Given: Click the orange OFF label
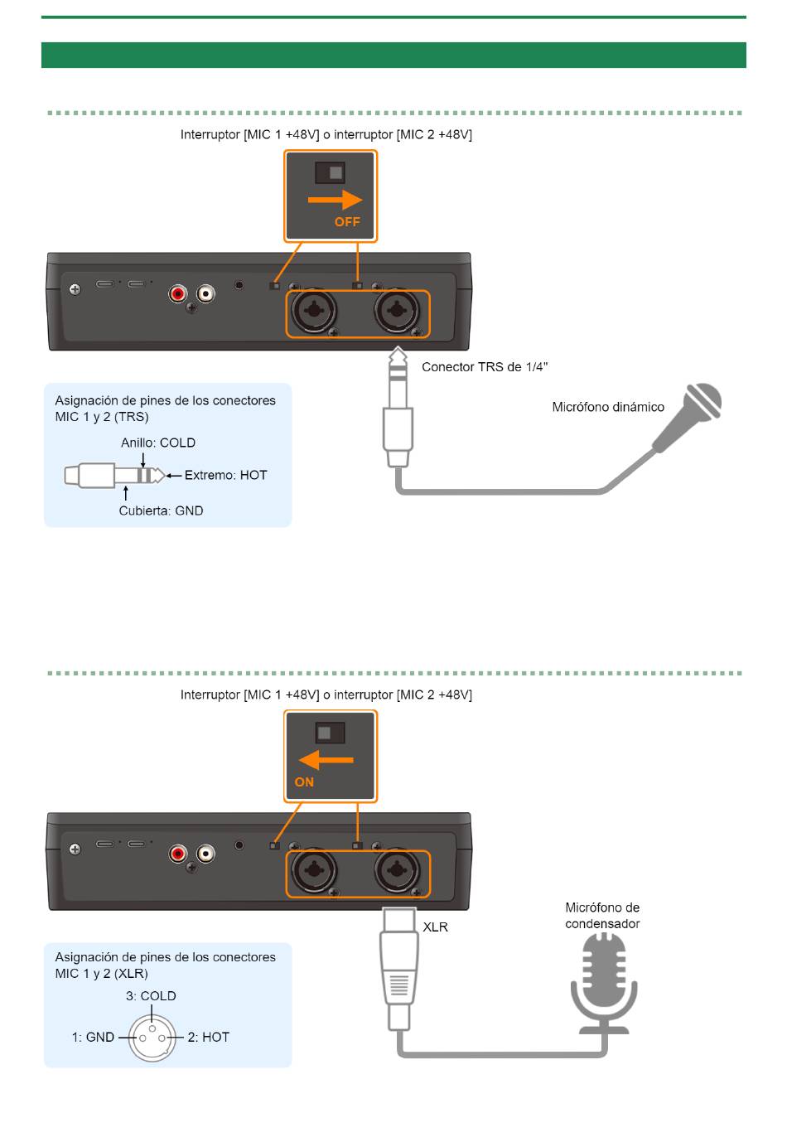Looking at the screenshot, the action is tap(347, 222).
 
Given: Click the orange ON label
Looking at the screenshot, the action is tap(304, 782).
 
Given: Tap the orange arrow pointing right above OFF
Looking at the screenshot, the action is tap(335, 200).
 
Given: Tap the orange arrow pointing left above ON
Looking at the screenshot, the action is tap(326, 760).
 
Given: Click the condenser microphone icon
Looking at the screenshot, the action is tap(603, 984).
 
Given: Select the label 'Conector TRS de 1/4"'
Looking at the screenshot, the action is tap(485, 366).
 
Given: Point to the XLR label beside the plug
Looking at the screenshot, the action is tap(435, 927).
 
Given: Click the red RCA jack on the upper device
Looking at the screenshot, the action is tap(177, 293).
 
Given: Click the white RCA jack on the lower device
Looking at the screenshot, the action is tap(205, 854).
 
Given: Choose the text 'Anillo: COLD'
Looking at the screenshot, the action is tap(158, 443).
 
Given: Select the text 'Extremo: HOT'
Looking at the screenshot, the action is tap(226, 475).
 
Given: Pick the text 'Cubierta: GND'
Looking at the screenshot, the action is tap(161, 511).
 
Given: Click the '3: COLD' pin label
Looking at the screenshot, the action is tap(151, 995).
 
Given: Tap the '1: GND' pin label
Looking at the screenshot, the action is tap(93, 1037).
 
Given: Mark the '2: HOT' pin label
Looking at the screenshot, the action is tap(209, 1037).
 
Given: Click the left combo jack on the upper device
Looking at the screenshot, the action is tap(313, 309).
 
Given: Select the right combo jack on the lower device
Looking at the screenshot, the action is tap(397, 869).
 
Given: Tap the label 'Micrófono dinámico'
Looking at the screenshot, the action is tap(608, 407).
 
